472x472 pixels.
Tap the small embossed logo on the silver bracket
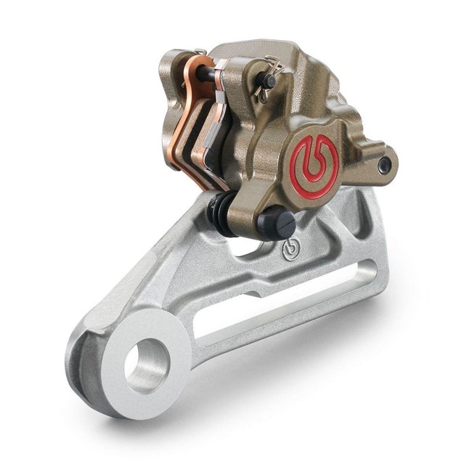click(288, 250)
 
